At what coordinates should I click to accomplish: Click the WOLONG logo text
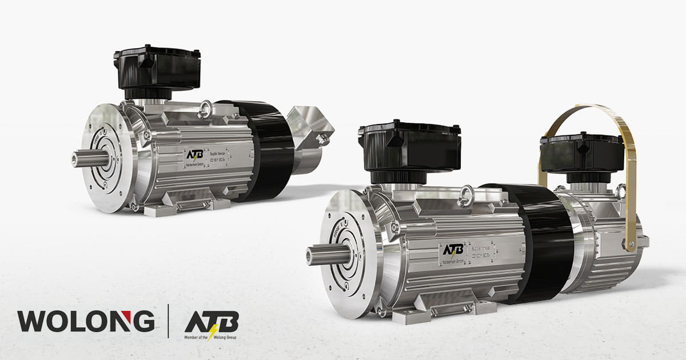(x=86, y=321)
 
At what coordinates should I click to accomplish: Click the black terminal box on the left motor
(x=157, y=71)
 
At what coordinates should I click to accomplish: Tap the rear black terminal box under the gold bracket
(x=580, y=153)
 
